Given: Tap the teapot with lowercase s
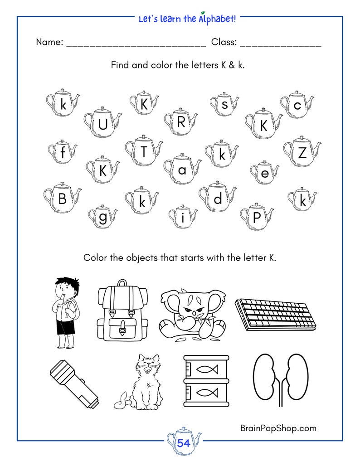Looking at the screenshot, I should tap(224, 105).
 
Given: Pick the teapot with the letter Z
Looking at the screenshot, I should tap(302, 152).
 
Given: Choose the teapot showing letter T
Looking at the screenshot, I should tap(144, 151).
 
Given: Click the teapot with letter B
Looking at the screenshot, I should tap(62, 198).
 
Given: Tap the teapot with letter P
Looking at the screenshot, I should tap(257, 217).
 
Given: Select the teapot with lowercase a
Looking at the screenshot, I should tap(182, 170).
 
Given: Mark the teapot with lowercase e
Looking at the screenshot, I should tap(265, 173).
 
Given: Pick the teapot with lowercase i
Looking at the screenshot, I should tap(183, 217).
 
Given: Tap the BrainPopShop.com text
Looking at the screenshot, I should tap(277, 427).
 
